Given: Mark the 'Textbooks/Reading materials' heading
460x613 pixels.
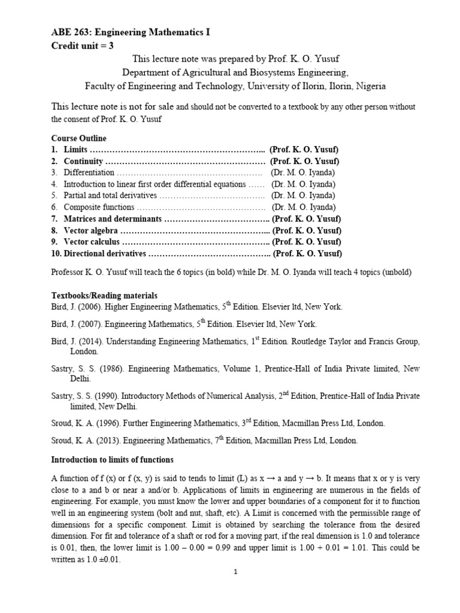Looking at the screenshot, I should [104, 295].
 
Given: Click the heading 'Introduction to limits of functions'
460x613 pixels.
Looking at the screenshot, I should [112, 460].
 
